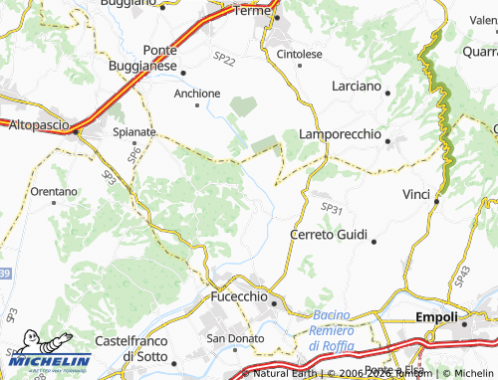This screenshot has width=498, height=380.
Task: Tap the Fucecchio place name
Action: (x=239, y=296)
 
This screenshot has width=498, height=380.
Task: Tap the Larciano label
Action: (x=356, y=87)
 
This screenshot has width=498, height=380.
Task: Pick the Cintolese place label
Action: (x=300, y=54)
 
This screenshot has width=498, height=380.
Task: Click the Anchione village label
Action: (x=197, y=94)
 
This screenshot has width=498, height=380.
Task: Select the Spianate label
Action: (x=134, y=130)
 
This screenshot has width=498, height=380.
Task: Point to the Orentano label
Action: (x=54, y=190)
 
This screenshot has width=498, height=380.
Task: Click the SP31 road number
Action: (x=332, y=208)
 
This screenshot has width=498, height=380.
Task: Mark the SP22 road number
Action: (x=225, y=61)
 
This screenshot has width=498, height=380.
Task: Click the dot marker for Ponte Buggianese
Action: (x=183, y=70)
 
